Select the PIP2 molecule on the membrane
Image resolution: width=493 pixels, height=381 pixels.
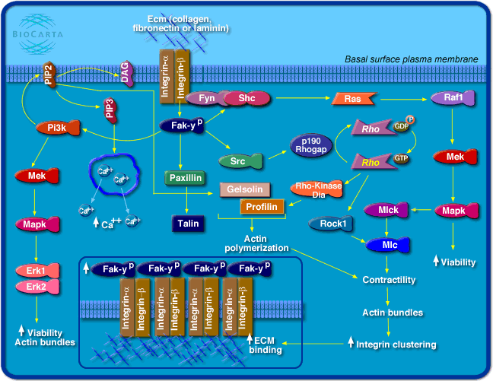click(x=50, y=74)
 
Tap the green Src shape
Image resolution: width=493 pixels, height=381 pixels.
click(x=240, y=160)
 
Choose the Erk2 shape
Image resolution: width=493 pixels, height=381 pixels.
click(x=37, y=286)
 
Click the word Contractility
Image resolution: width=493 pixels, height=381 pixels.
click(x=390, y=280)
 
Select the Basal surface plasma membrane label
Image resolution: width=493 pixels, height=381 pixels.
click(x=411, y=59)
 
